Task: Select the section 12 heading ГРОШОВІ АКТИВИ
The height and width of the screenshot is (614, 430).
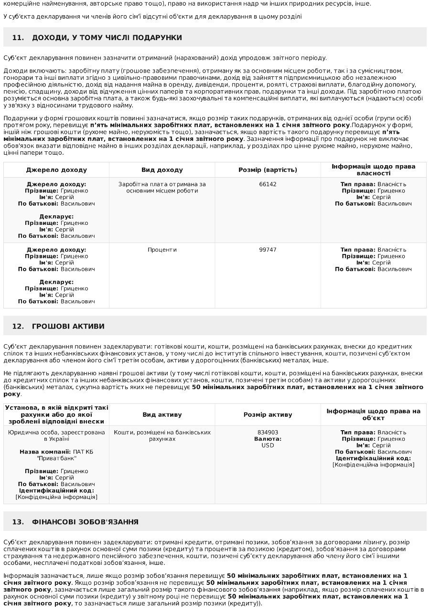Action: coord(68,326)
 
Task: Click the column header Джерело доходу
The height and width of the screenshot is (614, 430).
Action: coord(56,170)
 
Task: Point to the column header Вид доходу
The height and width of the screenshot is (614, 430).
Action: coord(162,170)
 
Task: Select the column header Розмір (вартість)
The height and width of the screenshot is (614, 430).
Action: coord(268,170)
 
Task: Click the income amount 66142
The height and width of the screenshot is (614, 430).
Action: coord(268,184)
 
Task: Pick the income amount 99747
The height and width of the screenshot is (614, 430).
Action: coord(268,250)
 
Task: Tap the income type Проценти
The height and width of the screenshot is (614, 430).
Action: coord(162,250)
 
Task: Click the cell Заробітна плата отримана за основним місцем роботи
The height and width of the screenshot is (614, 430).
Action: coord(162,188)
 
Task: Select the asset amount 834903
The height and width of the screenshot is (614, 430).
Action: coord(268,433)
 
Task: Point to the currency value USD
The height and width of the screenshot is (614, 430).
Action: coord(268,445)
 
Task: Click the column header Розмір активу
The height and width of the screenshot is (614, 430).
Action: coord(268,415)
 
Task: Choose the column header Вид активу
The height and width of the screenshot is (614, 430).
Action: coord(162,415)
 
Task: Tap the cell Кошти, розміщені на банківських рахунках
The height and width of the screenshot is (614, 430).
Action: coord(162,435)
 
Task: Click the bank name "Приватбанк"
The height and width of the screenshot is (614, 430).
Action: coord(56,458)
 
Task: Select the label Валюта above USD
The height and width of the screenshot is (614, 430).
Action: coord(268,439)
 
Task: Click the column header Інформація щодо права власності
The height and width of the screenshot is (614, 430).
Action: coord(373,170)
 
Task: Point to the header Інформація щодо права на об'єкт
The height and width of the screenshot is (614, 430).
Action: coord(373,414)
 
